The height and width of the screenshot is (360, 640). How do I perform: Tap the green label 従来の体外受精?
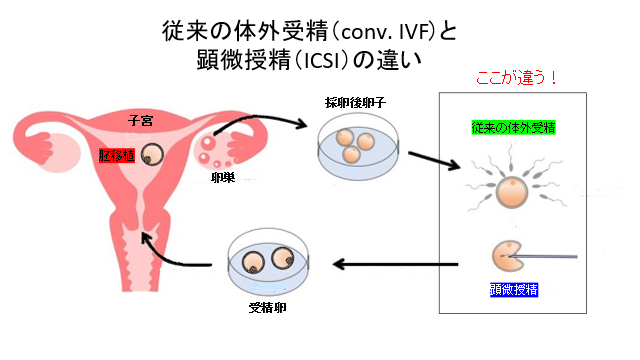tap(514, 128)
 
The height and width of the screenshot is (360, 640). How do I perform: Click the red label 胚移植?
tap(115, 156)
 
